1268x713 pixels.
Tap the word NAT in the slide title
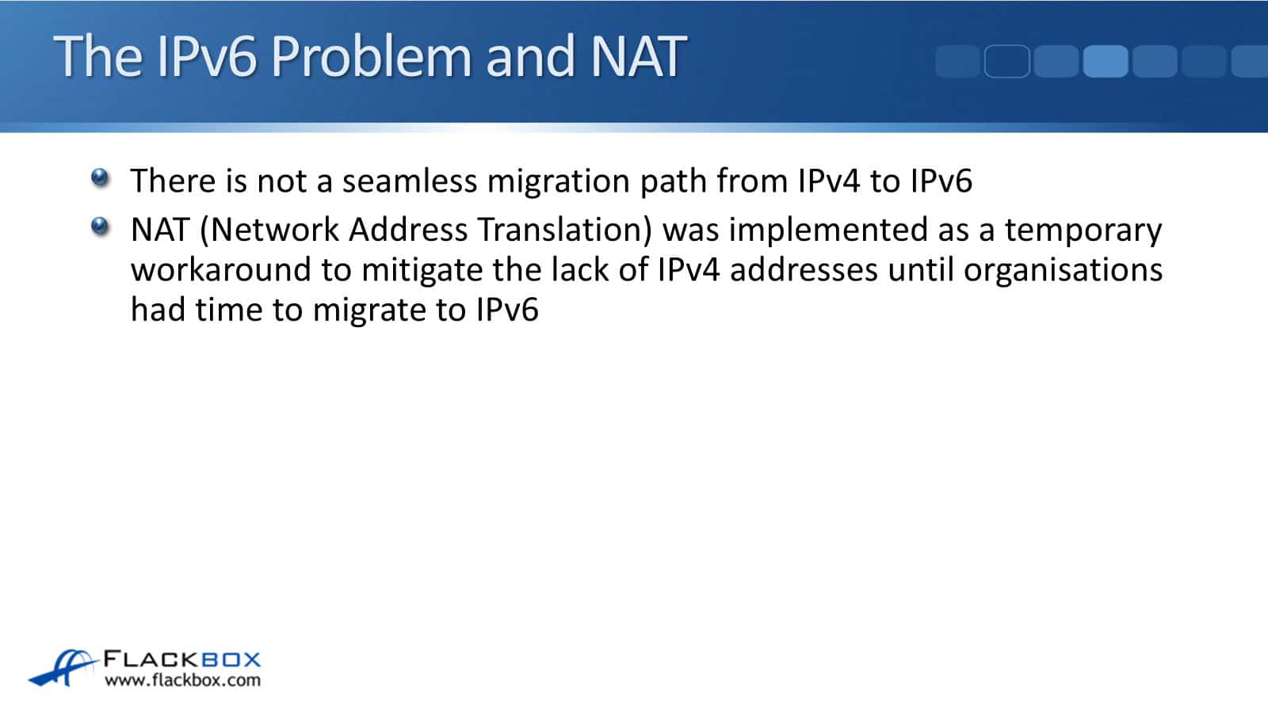[x=638, y=56]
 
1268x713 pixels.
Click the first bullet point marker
[x=100, y=177]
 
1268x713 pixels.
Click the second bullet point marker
[x=100, y=227]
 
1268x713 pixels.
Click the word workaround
[x=220, y=270]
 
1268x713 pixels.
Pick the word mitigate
[x=422, y=271]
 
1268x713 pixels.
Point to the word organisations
[x=1063, y=271]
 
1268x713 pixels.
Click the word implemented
[x=828, y=231]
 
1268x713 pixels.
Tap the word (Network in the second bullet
[x=269, y=230]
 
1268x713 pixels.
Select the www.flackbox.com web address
[x=182, y=681]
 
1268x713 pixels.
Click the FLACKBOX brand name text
[x=182, y=659]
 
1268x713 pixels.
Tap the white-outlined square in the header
[x=1006, y=62]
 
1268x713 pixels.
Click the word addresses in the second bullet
[x=803, y=270]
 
